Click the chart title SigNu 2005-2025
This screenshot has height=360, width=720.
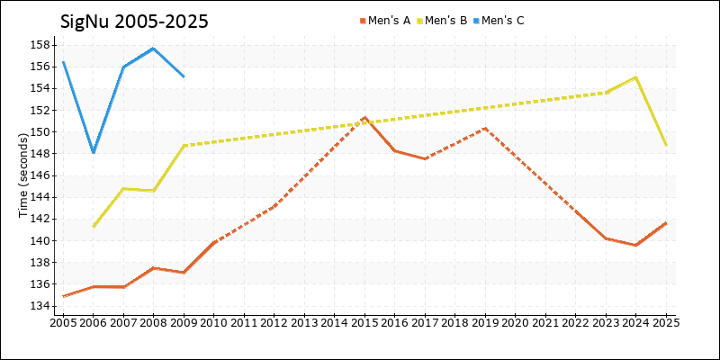134,21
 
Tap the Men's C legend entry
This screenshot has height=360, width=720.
502,20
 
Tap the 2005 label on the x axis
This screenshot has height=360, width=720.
64,321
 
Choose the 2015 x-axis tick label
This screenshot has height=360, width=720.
364,321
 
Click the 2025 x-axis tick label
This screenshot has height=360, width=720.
666,321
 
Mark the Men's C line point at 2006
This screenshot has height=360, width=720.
94,152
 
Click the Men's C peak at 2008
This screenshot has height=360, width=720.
154,48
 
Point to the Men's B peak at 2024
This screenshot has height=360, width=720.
636,77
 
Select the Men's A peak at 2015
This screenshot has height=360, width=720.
364,118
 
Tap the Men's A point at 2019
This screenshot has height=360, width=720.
485,128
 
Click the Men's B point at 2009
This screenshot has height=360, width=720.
184,145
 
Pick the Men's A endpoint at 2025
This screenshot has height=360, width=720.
666,222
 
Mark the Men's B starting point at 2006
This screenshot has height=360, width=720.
94,226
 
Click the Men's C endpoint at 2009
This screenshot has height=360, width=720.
184,76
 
